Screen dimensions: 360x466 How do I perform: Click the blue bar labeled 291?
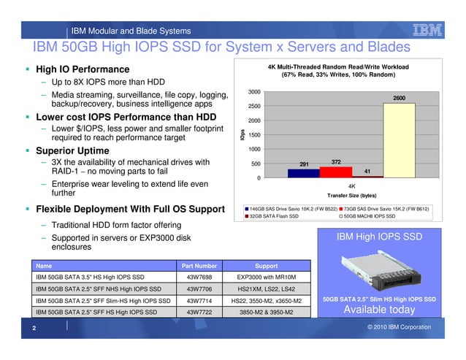[303, 173]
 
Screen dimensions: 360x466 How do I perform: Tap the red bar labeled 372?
[335, 172]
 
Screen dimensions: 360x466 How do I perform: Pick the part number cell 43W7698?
[199, 277]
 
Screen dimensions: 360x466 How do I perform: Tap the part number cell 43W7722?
[199, 312]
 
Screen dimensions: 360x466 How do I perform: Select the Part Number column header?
[199, 266]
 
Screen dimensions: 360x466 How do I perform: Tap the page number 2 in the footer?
[34, 328]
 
